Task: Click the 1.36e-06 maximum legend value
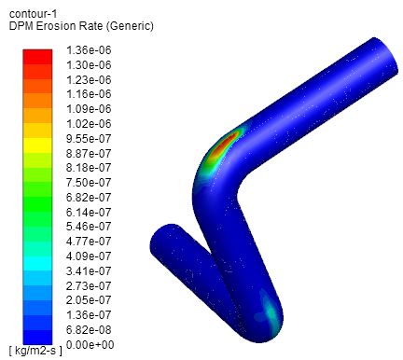pos(89,50)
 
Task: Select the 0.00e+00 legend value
pos(90,345)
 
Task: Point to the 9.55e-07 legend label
pos(89,139)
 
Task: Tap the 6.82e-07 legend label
pos(89,198)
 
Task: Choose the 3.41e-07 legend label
pos(89,271)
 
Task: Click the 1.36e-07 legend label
pos(89,315)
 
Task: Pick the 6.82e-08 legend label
pos(89,330)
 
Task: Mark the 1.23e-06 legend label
pos(89,80)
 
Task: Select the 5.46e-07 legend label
pos(89,227)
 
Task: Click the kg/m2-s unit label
pos(35,351)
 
